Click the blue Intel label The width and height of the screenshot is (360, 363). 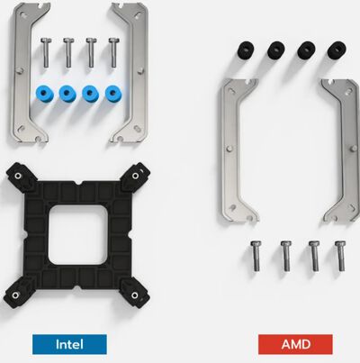coord(70,343)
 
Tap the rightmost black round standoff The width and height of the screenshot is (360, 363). coord(337,49)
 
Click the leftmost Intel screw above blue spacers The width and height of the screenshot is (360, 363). coord(46,52)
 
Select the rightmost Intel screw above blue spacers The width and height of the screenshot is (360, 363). coord(113,52)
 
